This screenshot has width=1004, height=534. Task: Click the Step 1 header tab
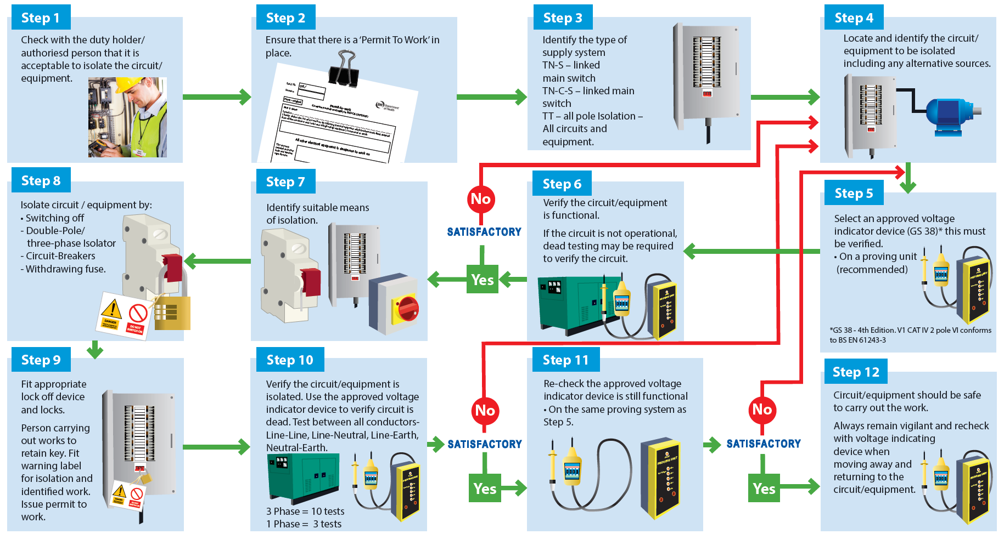coord(40,18)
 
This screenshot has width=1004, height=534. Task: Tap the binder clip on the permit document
coord(344,69)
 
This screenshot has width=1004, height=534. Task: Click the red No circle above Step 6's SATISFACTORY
coord(481,199)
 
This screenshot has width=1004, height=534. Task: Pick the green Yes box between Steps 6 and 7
coord(482,280)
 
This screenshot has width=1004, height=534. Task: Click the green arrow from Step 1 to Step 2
coord(216,97)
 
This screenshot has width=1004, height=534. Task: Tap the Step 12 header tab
coord(855,372)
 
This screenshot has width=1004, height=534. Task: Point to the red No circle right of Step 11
coord(762,410)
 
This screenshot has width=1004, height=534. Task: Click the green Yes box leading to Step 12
coord(763,488)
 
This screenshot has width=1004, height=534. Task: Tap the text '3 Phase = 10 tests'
coord(305,511)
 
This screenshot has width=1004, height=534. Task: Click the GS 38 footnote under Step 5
coord(910,335)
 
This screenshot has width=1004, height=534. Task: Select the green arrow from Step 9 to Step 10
coord(216,447)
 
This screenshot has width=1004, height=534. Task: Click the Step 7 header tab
coord(285,182)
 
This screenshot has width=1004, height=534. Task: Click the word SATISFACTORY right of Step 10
coord(485,444)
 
